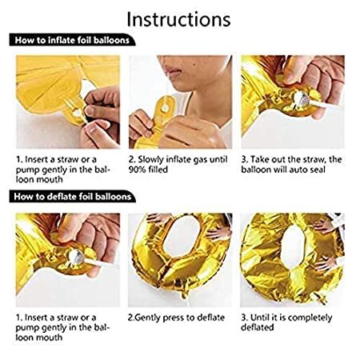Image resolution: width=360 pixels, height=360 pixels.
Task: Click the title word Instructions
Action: point(179,17)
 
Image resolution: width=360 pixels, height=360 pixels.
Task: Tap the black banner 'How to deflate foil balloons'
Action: point(71,195)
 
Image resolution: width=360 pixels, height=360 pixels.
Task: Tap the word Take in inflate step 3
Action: point(259,159)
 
